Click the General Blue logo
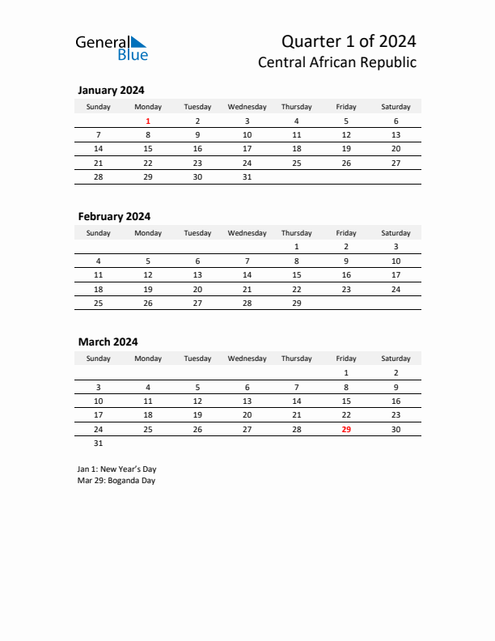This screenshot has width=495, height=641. pos(112,47)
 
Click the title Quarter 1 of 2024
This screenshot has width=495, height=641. pos(349,41)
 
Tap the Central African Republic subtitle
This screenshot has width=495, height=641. pos(337,62)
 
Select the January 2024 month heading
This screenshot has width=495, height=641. pos(111,91)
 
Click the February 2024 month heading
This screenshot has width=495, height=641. pos(114,216)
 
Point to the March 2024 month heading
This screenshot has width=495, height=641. pos(108,342)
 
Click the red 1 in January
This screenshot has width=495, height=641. pos(148,121)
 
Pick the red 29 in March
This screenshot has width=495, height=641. pos(346,429)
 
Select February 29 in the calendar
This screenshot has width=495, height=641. pos(296,303)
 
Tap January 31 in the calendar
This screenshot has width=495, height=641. pos(247,177)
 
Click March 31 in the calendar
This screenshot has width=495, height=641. pos(99,444)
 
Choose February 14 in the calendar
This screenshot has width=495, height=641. pos(247,275)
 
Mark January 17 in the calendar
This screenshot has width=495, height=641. pos(247,149)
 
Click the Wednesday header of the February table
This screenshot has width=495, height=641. pos(247,233)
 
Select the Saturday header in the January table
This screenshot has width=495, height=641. pos(396,107)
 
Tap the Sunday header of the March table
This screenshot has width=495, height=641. pos(99,359)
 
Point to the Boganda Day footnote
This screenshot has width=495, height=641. pos(116,481)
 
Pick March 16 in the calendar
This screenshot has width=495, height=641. pos(396,401)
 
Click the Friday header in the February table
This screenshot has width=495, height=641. pos(346,233)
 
